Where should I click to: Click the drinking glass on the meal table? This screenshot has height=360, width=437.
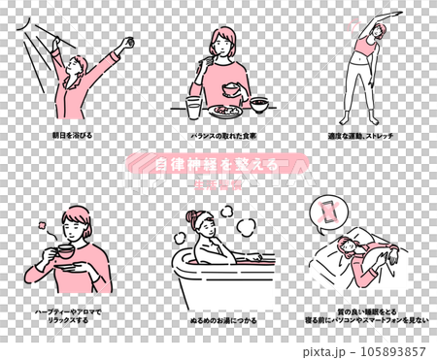tap(191, 104)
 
